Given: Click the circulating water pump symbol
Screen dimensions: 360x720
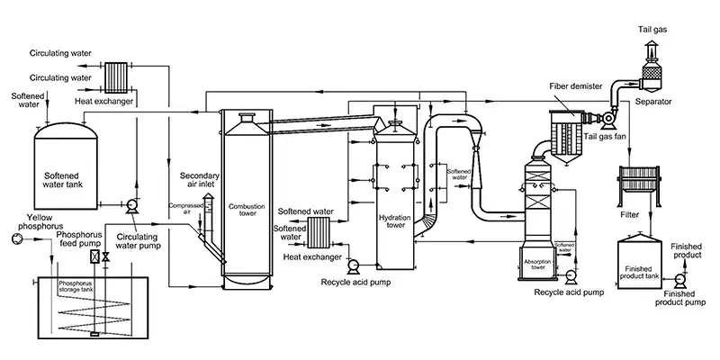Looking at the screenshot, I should point(131,204).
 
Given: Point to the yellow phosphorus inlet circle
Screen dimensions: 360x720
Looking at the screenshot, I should point(12,238).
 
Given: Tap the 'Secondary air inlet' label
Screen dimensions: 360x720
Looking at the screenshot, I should point(200,181).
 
